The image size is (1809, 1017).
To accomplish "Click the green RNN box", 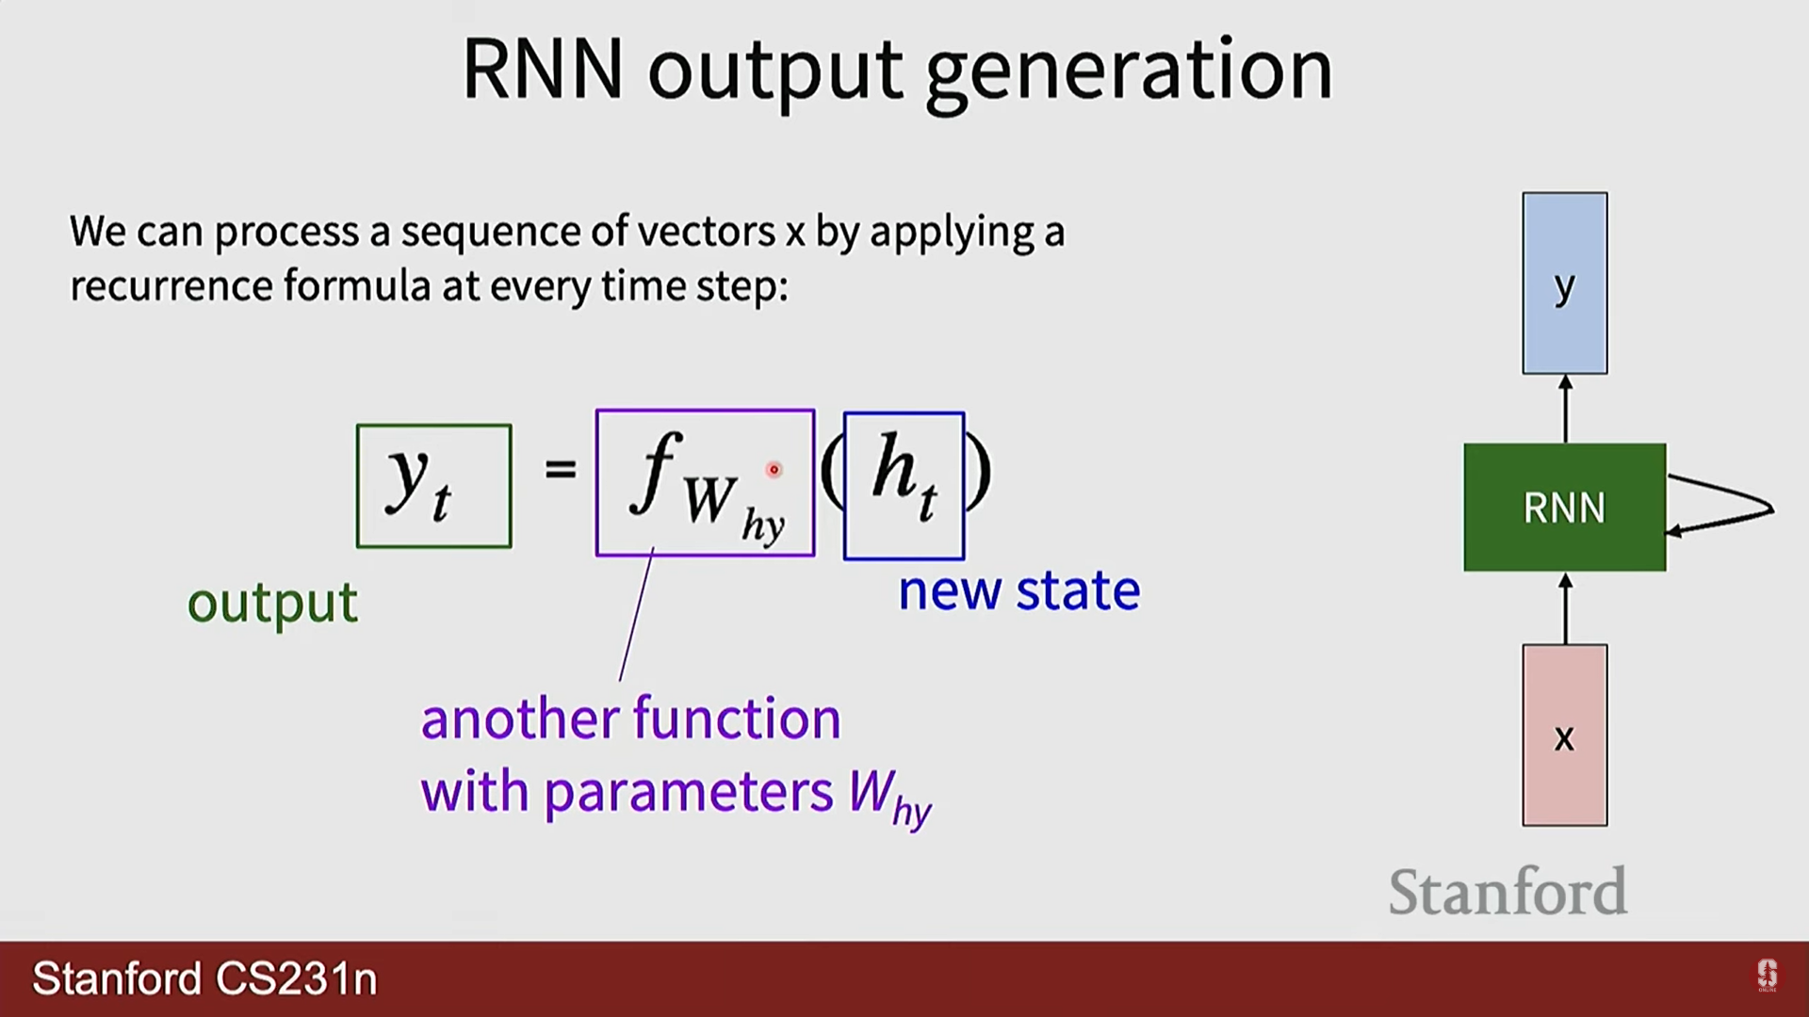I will pyautogui.click(x=1564, y=508).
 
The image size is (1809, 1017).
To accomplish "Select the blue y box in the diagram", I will pyautogui.click(x=1564, y=283).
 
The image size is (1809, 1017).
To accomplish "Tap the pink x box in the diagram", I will pyautogui.click(x=1564, y=735).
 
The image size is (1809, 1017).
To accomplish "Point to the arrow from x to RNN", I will pyautogui.click(x=1565, y=609).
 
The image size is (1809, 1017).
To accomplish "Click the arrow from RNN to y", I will pyautogui.click(x=1565, y=409).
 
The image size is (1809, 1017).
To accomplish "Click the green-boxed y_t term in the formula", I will pyautogui.click(x=433, y=486).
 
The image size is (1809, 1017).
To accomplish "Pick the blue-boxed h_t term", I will pyautogui.click(x=904, y=486).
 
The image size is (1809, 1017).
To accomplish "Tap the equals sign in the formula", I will pyautogui.click(x=560, y=468).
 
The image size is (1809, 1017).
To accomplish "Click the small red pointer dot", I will pyautogui.click(x=774, y=469).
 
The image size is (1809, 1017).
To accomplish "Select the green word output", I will pyautogui.click(x=272, y=603).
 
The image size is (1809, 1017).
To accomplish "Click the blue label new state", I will pyautogui.click(x=1019, y=591).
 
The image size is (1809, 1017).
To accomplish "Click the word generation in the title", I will pyautogui.click(x=1129, y=72).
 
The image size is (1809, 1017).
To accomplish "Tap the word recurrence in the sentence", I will pyautogui.click(x=171, y=285).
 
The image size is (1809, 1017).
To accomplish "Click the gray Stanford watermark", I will pyautogui.click(x=1507, y=892).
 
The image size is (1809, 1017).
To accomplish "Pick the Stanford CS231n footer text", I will pyautogui.click(x=204, y=978).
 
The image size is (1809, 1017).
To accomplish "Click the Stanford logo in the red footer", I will pyautogui.click(x=1767, y=975).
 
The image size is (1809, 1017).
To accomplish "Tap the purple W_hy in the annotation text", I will pyautogui.click(x=888, y=797).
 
